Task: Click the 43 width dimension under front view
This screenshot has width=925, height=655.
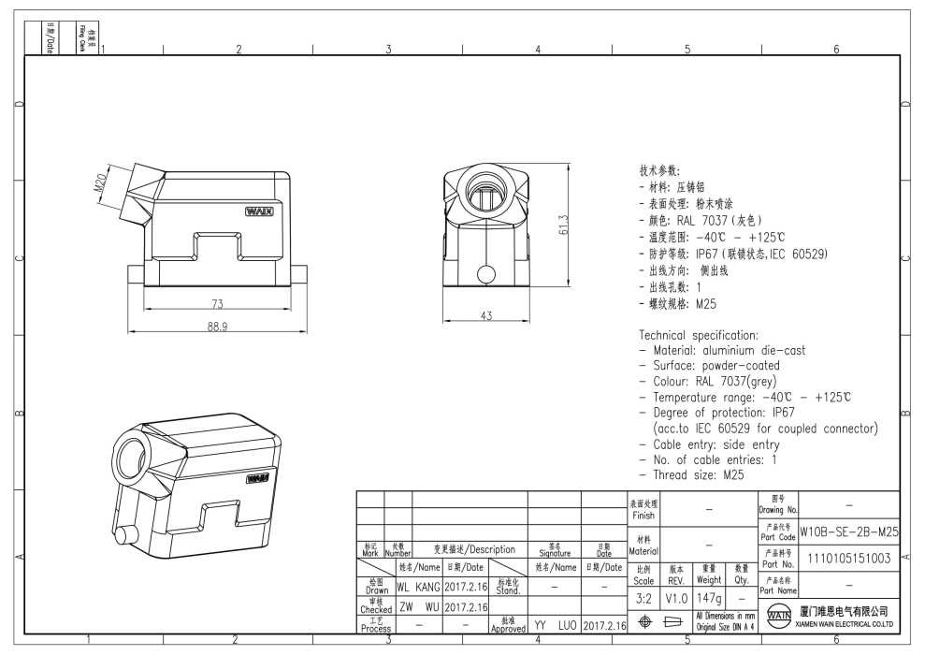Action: (485, 316)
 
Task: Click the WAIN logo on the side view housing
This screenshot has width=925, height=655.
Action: (259, 212)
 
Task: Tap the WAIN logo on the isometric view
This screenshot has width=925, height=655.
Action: (257, 478)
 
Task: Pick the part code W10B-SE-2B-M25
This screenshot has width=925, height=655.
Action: (848, 531)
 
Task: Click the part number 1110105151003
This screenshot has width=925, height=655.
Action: (848, 559)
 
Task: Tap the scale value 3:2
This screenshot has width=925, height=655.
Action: (644, 596)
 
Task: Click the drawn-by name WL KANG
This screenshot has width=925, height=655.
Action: (417, 587)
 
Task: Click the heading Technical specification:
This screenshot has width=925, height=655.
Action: (698, 334)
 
